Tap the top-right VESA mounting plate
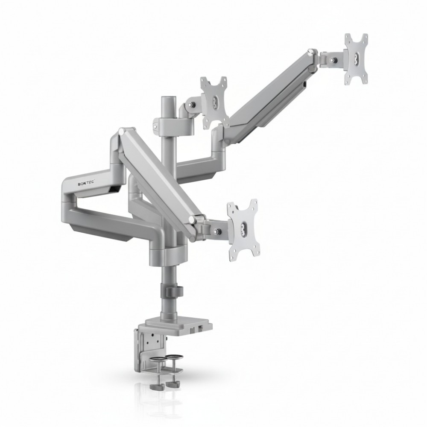(356, 59)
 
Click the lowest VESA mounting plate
(243, 228)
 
